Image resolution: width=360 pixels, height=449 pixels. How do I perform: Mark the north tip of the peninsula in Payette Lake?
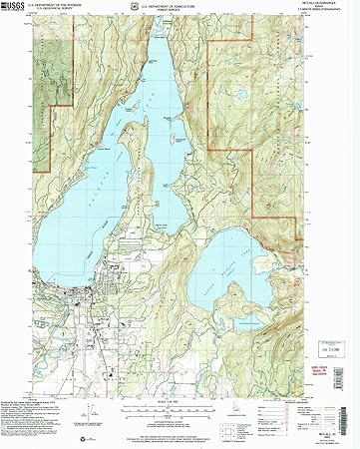tap(129, 131)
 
